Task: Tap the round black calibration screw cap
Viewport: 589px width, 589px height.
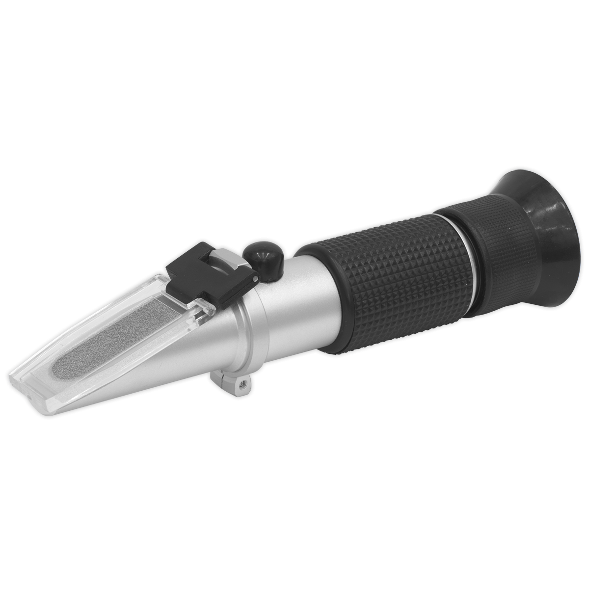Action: (x=263, y=260)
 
